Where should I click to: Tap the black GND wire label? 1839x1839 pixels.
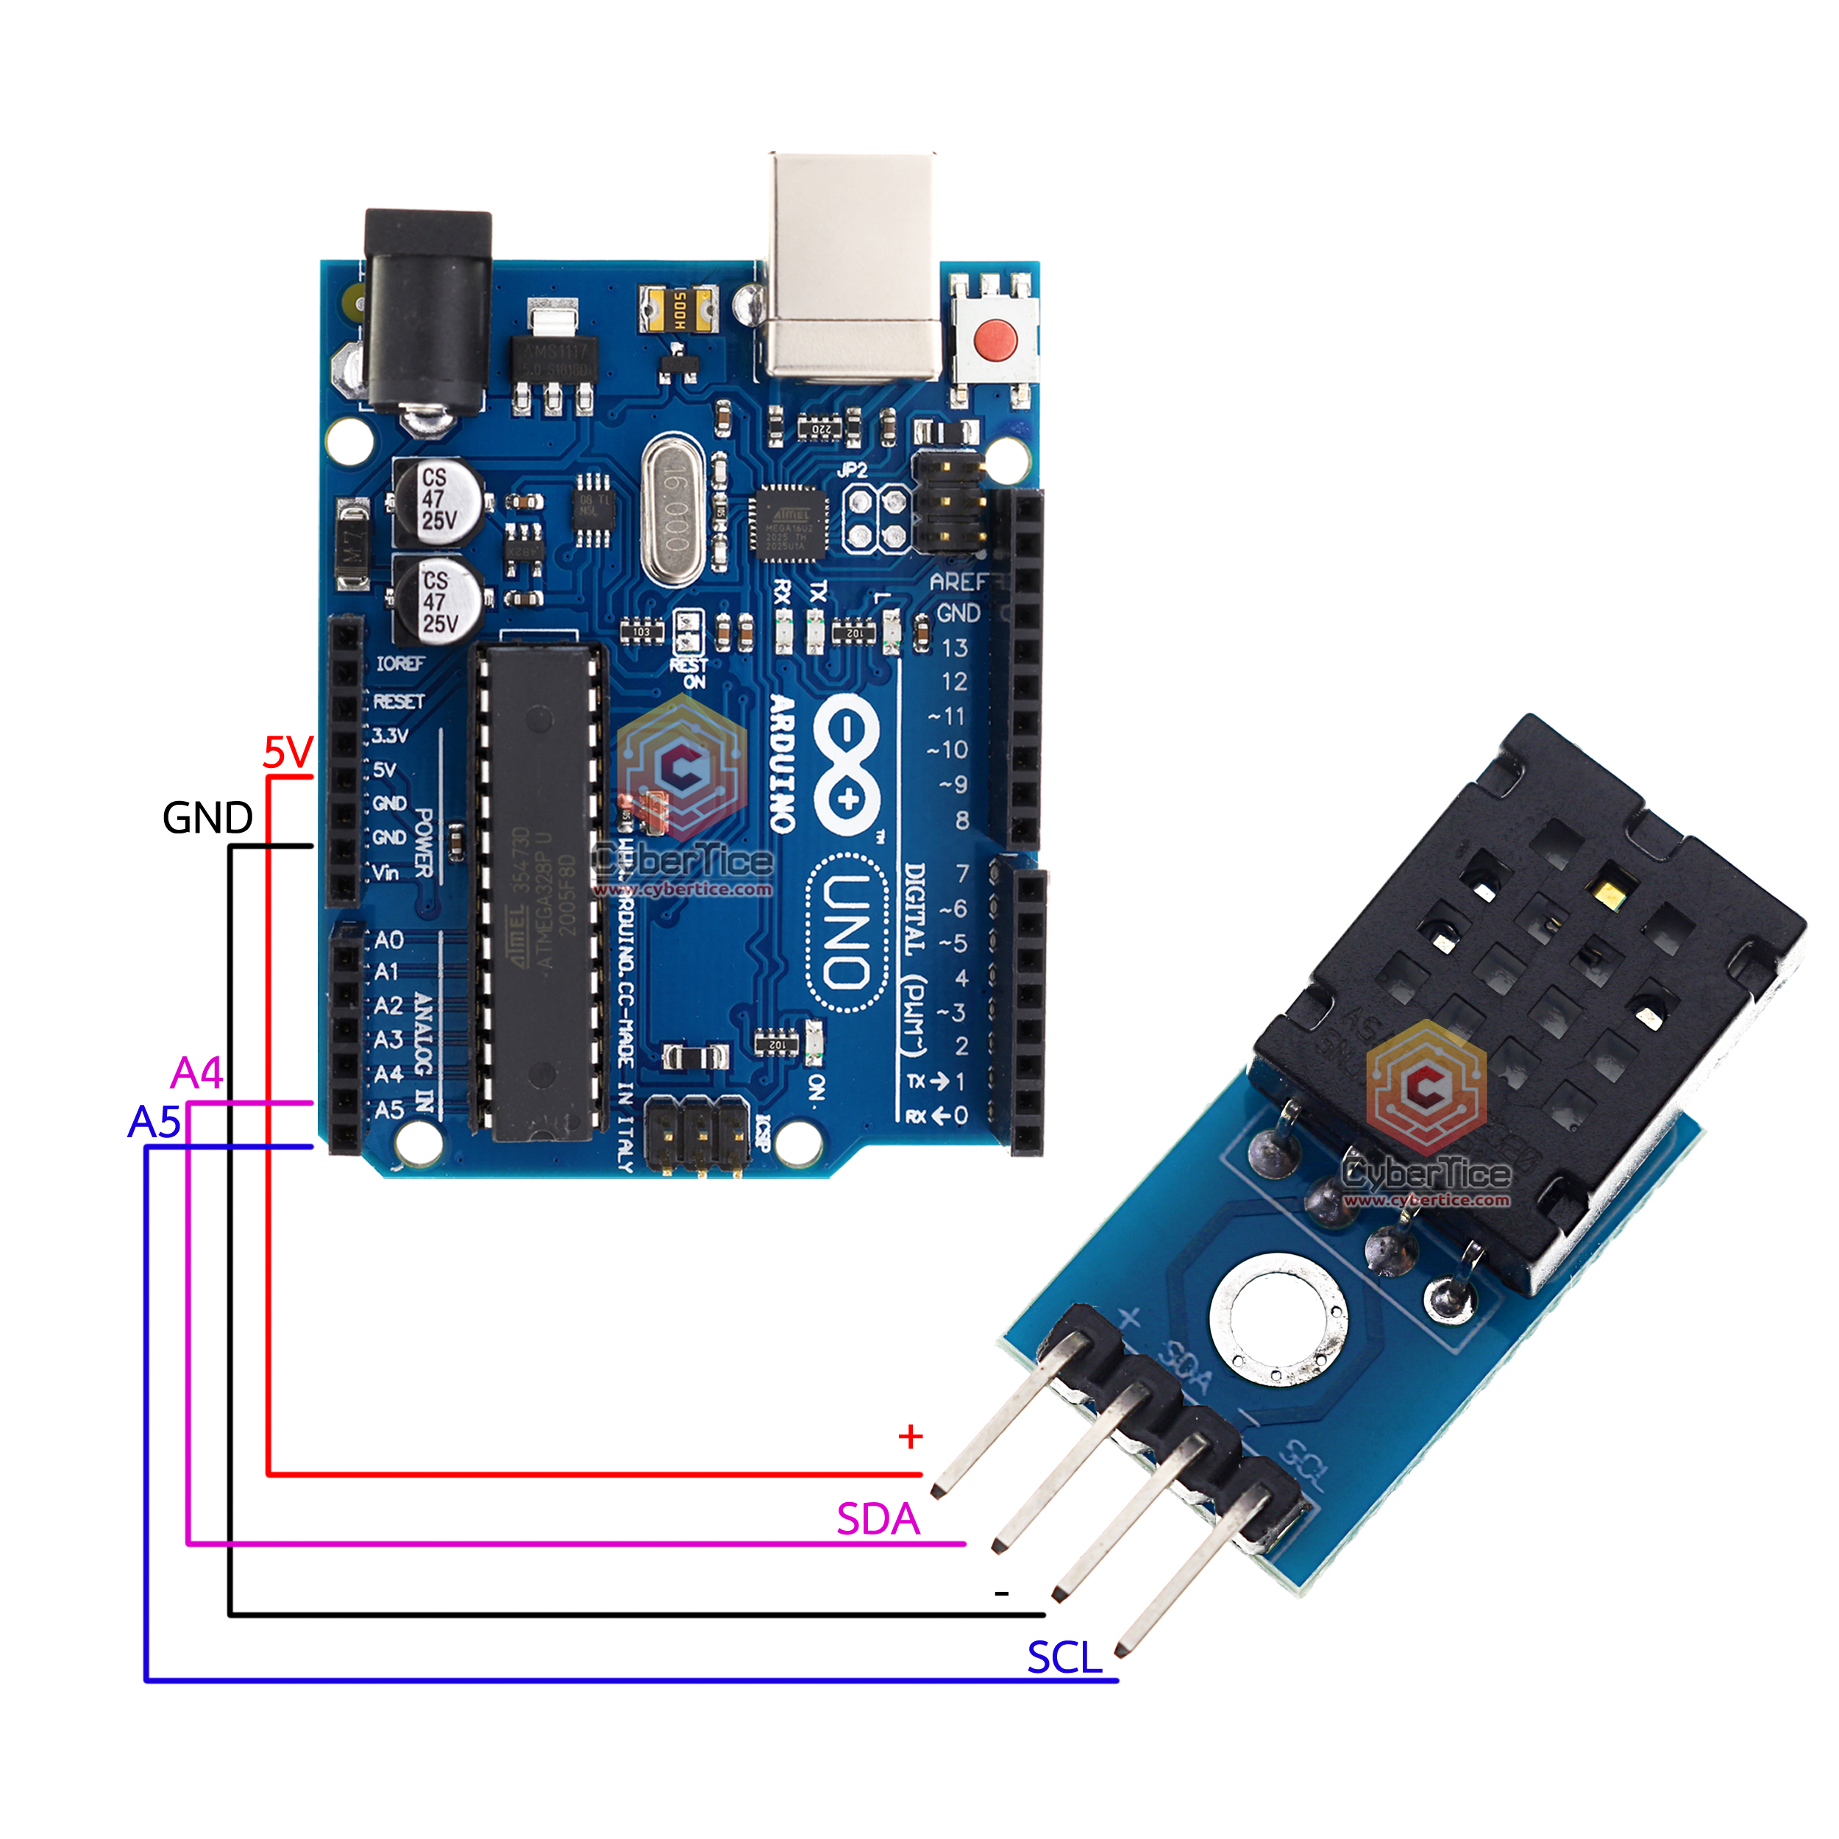tap(207, 818)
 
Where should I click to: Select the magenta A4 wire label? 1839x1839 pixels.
tap(197, 1074)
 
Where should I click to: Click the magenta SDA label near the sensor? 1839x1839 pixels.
tap(878, 1519)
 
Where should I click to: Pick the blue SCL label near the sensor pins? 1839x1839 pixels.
tap(1064, 1658)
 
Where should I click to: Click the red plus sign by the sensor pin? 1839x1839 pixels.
tap(910, 1437)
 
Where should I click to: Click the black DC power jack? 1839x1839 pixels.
tap(428, 314)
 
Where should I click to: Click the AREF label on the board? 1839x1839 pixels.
tap(956, 582)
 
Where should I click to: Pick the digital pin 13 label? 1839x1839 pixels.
tap(955, 648)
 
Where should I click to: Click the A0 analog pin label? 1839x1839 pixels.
tap(388, 940)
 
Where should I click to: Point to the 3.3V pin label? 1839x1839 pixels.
tap(391, 736)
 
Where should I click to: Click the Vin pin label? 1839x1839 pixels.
tap(385, 872)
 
